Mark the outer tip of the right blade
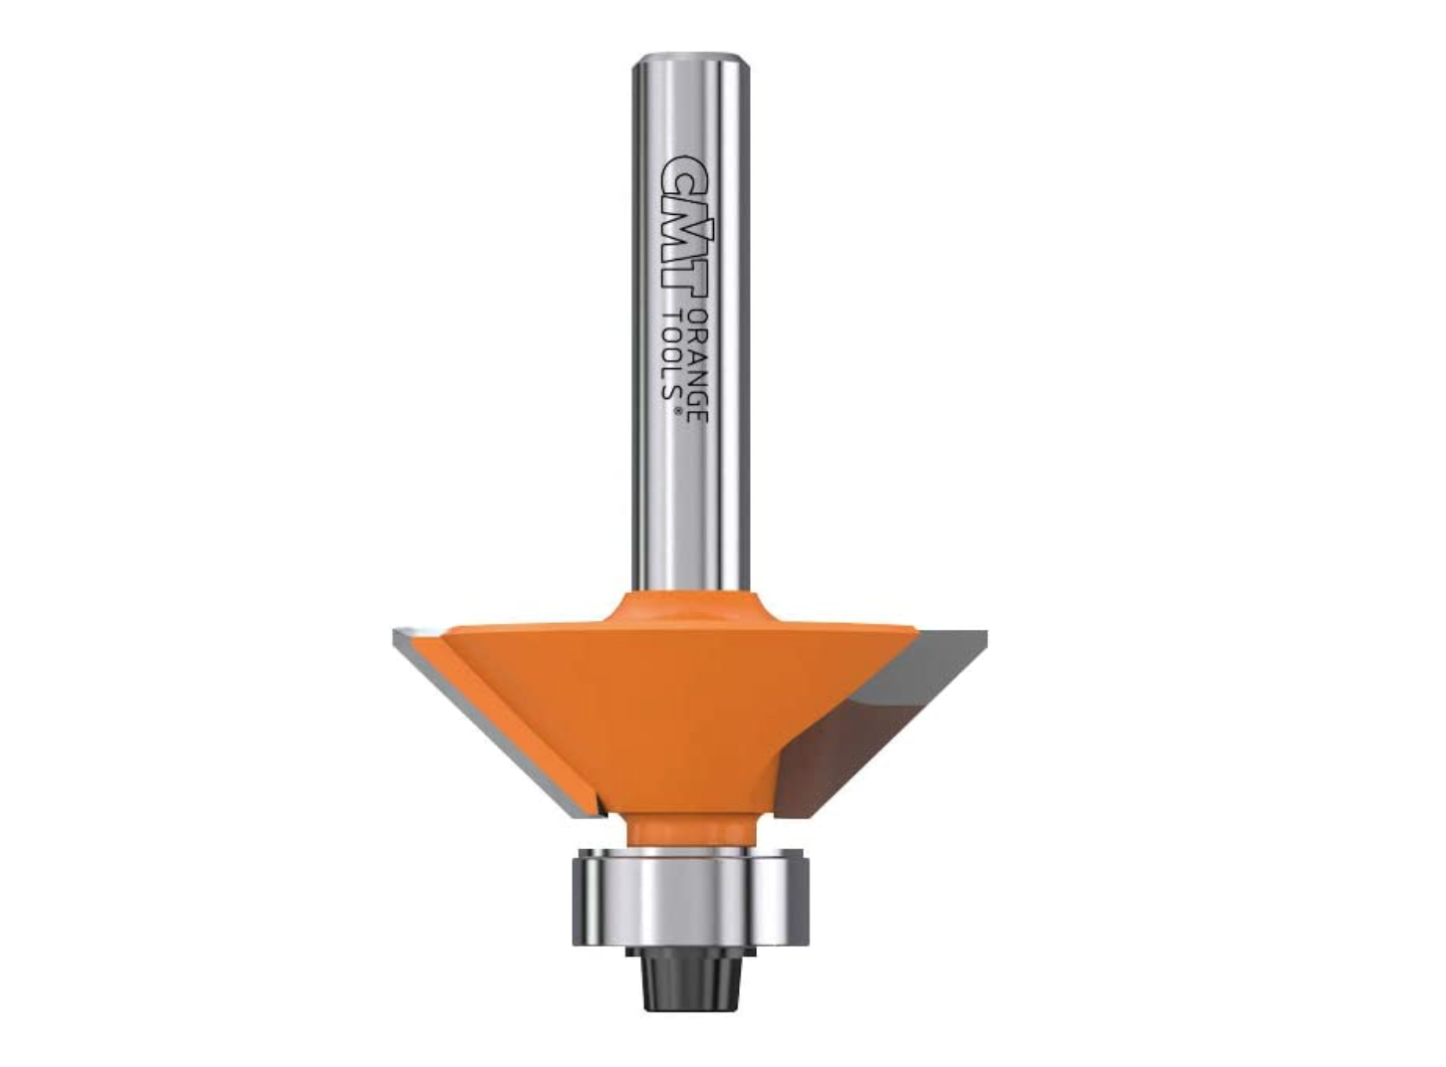(984, 634)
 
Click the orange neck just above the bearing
(687, 832)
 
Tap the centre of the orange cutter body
(677, 707)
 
